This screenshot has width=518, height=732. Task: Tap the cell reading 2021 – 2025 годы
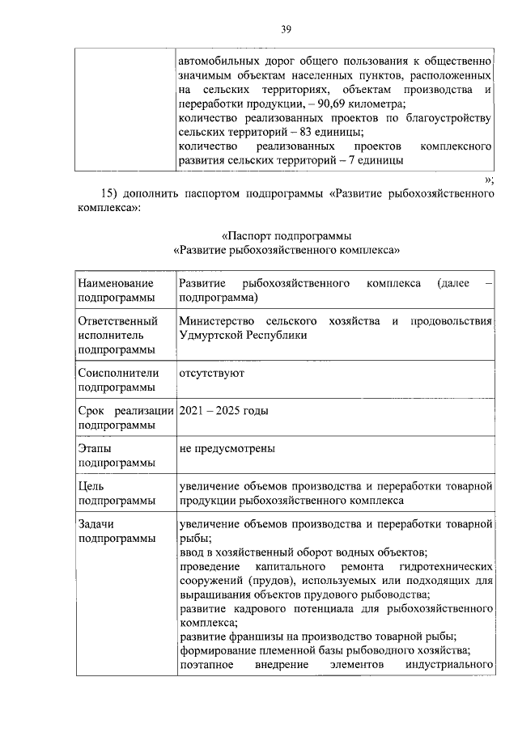[223, 410]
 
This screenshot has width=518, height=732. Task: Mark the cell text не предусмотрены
[227, 447]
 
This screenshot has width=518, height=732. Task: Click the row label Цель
[91, 485]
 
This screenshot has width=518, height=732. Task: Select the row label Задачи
[96, 523]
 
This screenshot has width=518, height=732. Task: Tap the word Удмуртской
[214, 335]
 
